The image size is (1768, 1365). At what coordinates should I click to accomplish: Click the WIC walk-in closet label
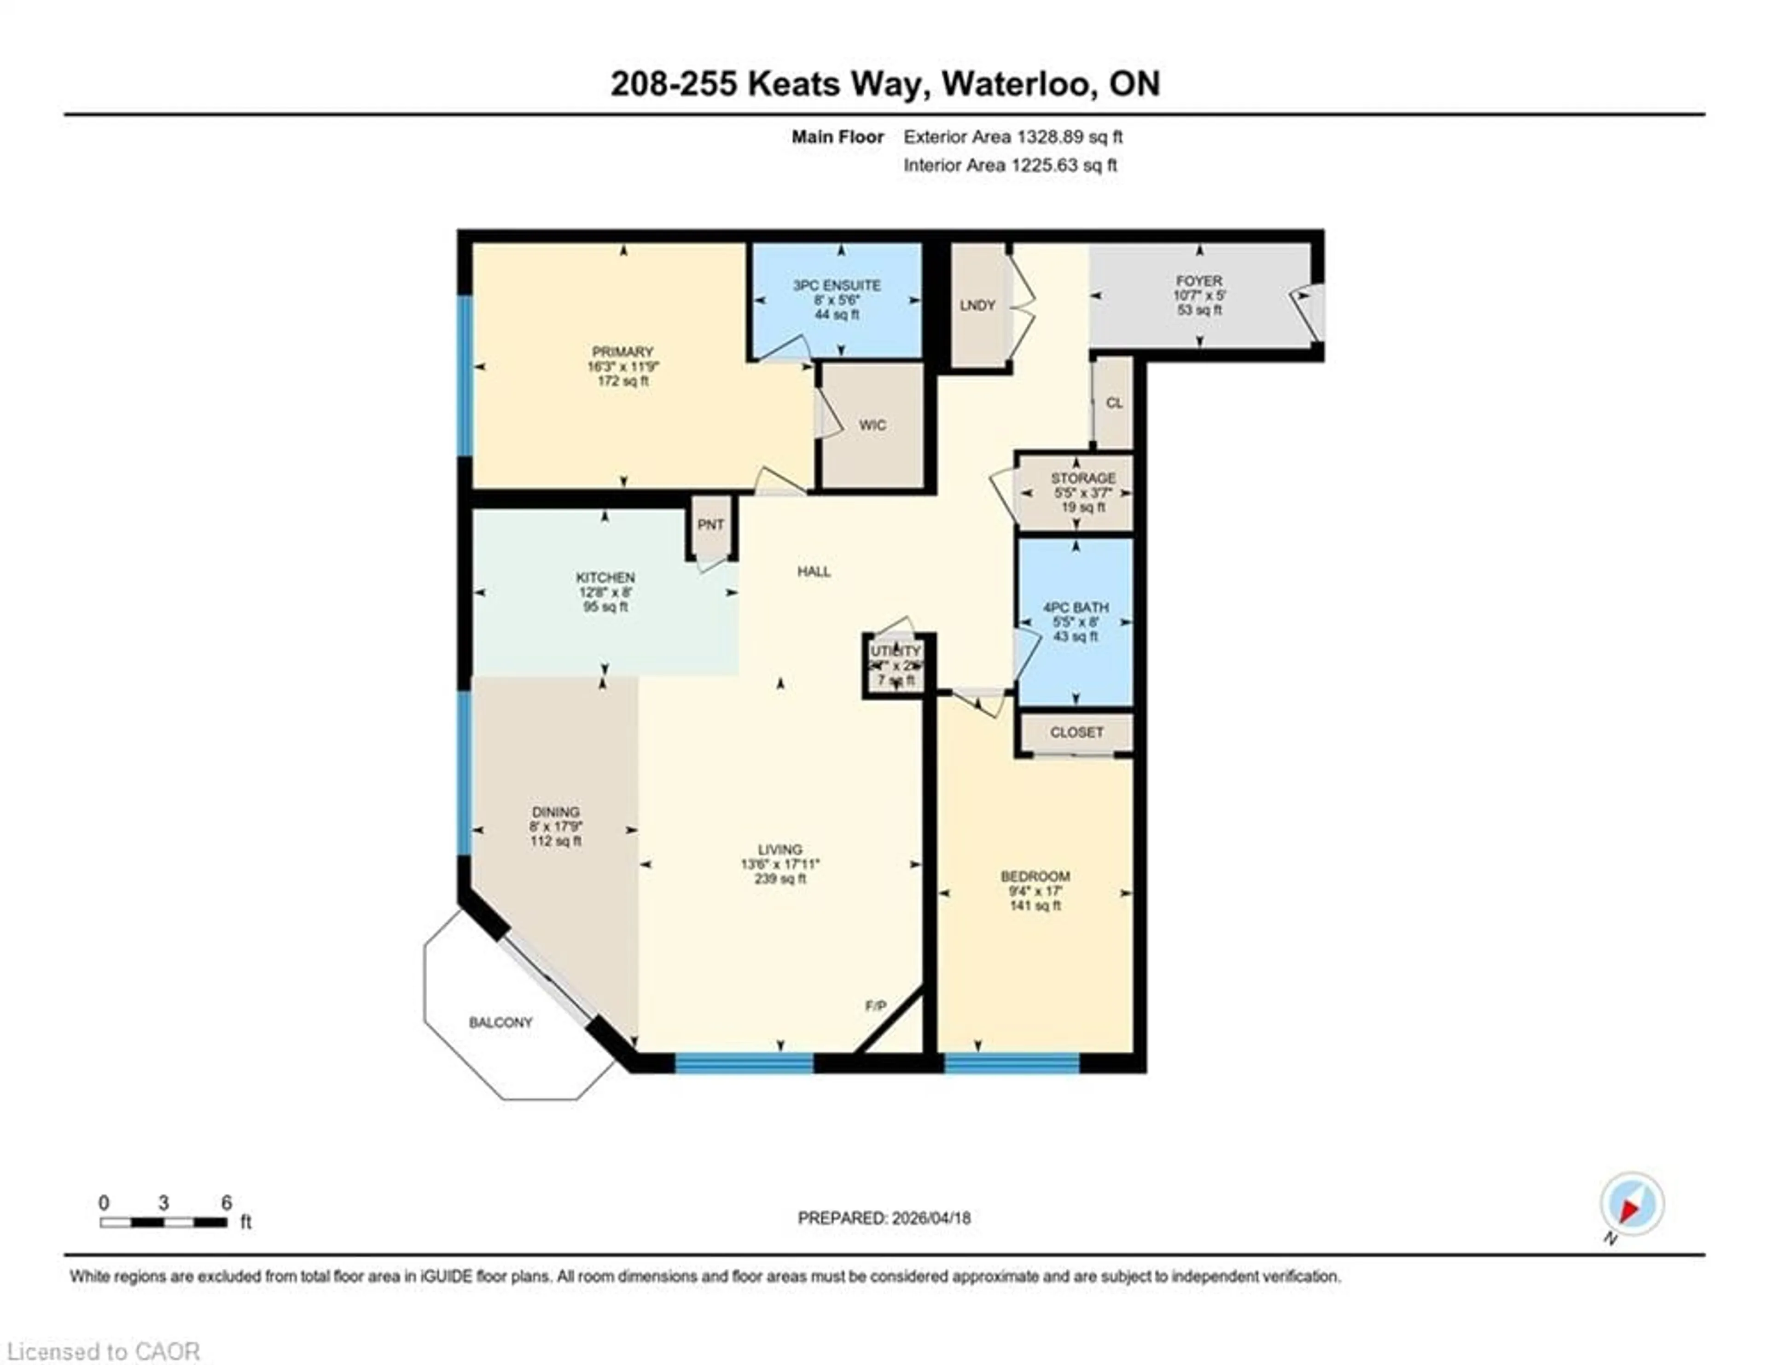tap(872, 425)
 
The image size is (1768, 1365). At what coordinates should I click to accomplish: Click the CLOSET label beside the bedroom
tap(1076, 732)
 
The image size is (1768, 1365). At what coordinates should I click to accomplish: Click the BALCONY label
tap(500, 1022)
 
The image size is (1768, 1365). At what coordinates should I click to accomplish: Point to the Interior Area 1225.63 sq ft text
tap(1010, 166)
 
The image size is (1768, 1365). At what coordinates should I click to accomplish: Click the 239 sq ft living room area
tap(779, 878)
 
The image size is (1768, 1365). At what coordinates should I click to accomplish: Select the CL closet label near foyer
tap(1114, 403)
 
